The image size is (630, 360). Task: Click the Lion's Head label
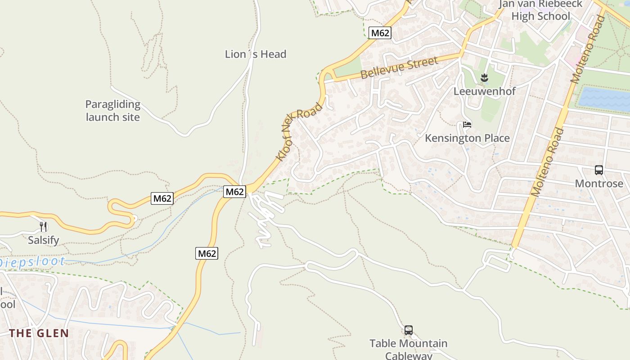coord(256,54)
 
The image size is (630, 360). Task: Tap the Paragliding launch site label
coord(112,111)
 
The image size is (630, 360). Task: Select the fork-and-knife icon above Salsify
coord(43,227)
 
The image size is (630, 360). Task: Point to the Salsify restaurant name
coord(43,240)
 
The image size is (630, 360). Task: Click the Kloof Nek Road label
coord(299,132)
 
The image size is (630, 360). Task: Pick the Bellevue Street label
coord(399,68)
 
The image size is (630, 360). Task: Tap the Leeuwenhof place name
coord(484,91)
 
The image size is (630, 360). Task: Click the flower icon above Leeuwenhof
coord(484,78)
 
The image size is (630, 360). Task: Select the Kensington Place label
coord(467,138)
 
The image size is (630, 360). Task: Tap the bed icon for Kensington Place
coord(467,125)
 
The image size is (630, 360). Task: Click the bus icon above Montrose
coord(598,170)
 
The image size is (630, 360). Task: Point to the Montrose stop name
coord(599,184)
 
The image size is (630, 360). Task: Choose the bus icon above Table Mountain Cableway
coord(408,330)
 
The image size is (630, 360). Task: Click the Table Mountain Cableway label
coord(408,349)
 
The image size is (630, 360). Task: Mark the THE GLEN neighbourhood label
coord(39,333)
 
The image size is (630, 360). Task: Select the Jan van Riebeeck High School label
coord(540,10)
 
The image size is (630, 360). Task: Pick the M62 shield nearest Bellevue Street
coord(380,33)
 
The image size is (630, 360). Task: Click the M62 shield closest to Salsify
coord(162,198)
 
